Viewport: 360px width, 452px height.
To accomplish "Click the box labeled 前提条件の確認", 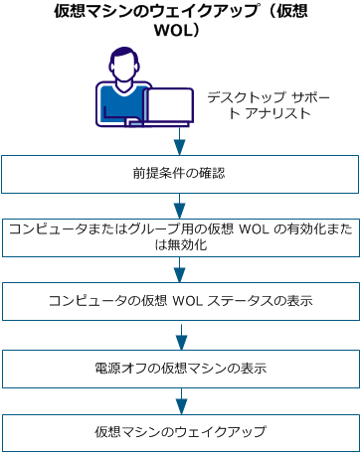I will [180, 173].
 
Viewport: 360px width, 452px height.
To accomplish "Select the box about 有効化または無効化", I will [180, 236].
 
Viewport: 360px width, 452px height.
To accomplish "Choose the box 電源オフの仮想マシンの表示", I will [180, 368].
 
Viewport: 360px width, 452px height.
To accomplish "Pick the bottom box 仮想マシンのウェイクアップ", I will [180, 433].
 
